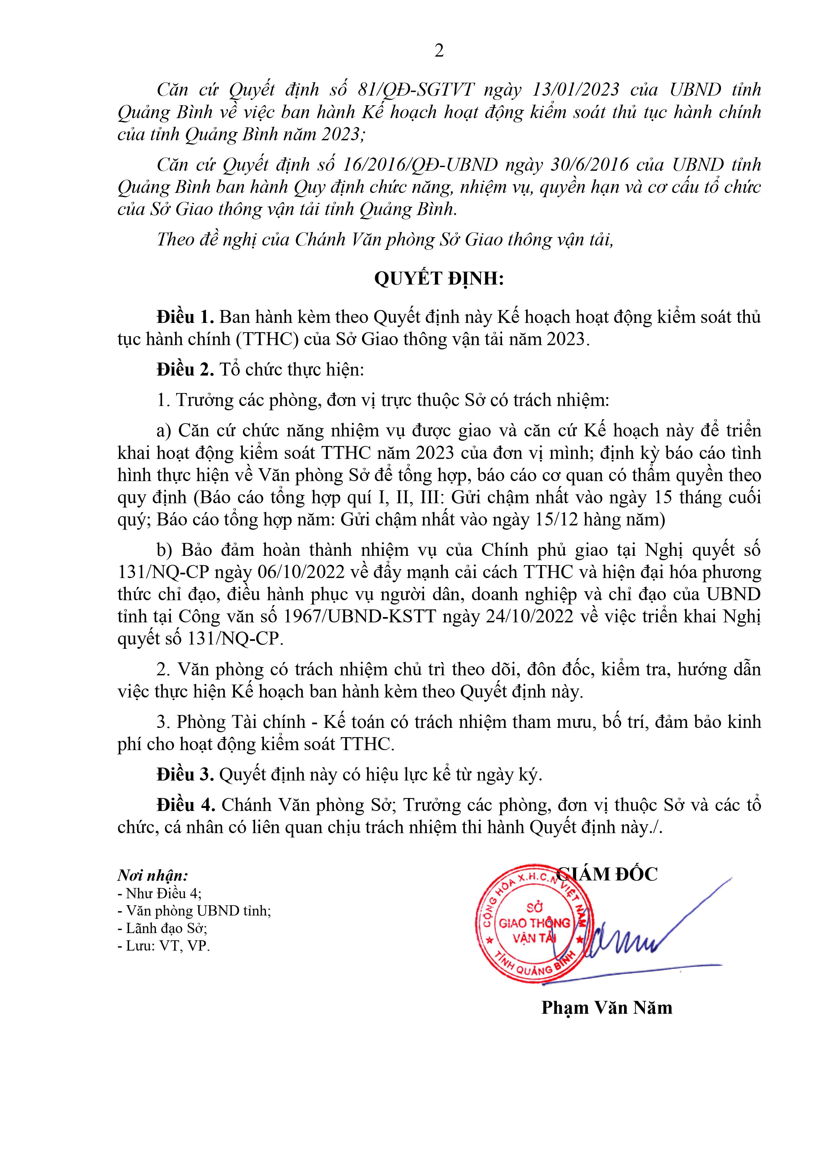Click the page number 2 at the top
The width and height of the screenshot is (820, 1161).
pyautogui.click(x=439, y=51)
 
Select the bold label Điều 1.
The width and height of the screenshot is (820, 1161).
pyautogui.click(x=186, y=317)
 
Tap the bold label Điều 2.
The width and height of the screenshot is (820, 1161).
pyautogui.click(x=186, y=370)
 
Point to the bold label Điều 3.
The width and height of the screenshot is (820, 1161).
pyautogui.click(x=186, y=774)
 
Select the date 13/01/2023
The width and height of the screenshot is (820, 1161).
pyautogui.click(x=576, y=90)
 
